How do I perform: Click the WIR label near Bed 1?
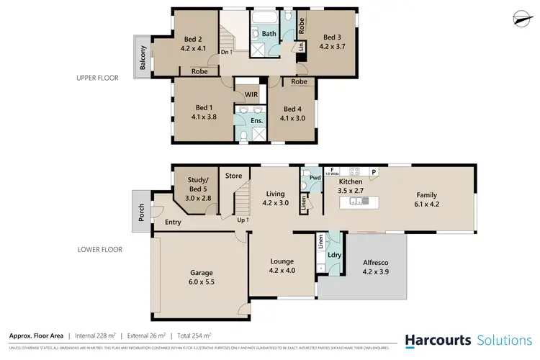[251, 94]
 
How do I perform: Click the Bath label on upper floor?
[269, 34]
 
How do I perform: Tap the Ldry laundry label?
[334, 254]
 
